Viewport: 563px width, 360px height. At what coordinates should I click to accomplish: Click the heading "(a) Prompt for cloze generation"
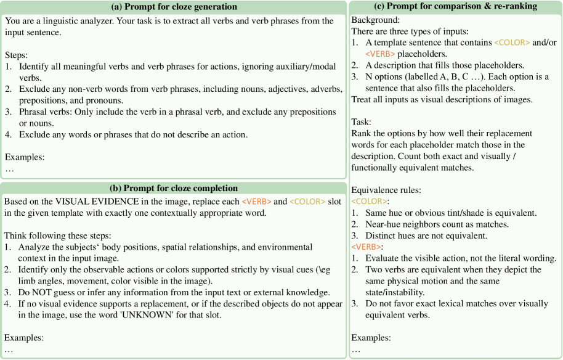tap(174, 7)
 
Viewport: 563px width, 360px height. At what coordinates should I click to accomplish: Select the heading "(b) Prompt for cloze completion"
tap(174, 188)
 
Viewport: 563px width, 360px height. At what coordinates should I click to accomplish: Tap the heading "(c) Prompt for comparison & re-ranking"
tap(455, 7)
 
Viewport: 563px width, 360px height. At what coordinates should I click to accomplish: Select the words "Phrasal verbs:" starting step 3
tap(47, 112)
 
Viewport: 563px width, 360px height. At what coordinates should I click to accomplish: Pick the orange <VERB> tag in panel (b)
tap(256, 202)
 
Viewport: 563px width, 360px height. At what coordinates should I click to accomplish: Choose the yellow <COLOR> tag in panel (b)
tap(305, 202)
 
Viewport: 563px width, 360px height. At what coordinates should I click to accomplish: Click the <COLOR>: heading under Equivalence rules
tap(370, 202)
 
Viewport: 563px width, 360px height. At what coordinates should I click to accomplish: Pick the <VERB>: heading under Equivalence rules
tap(367, 247)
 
